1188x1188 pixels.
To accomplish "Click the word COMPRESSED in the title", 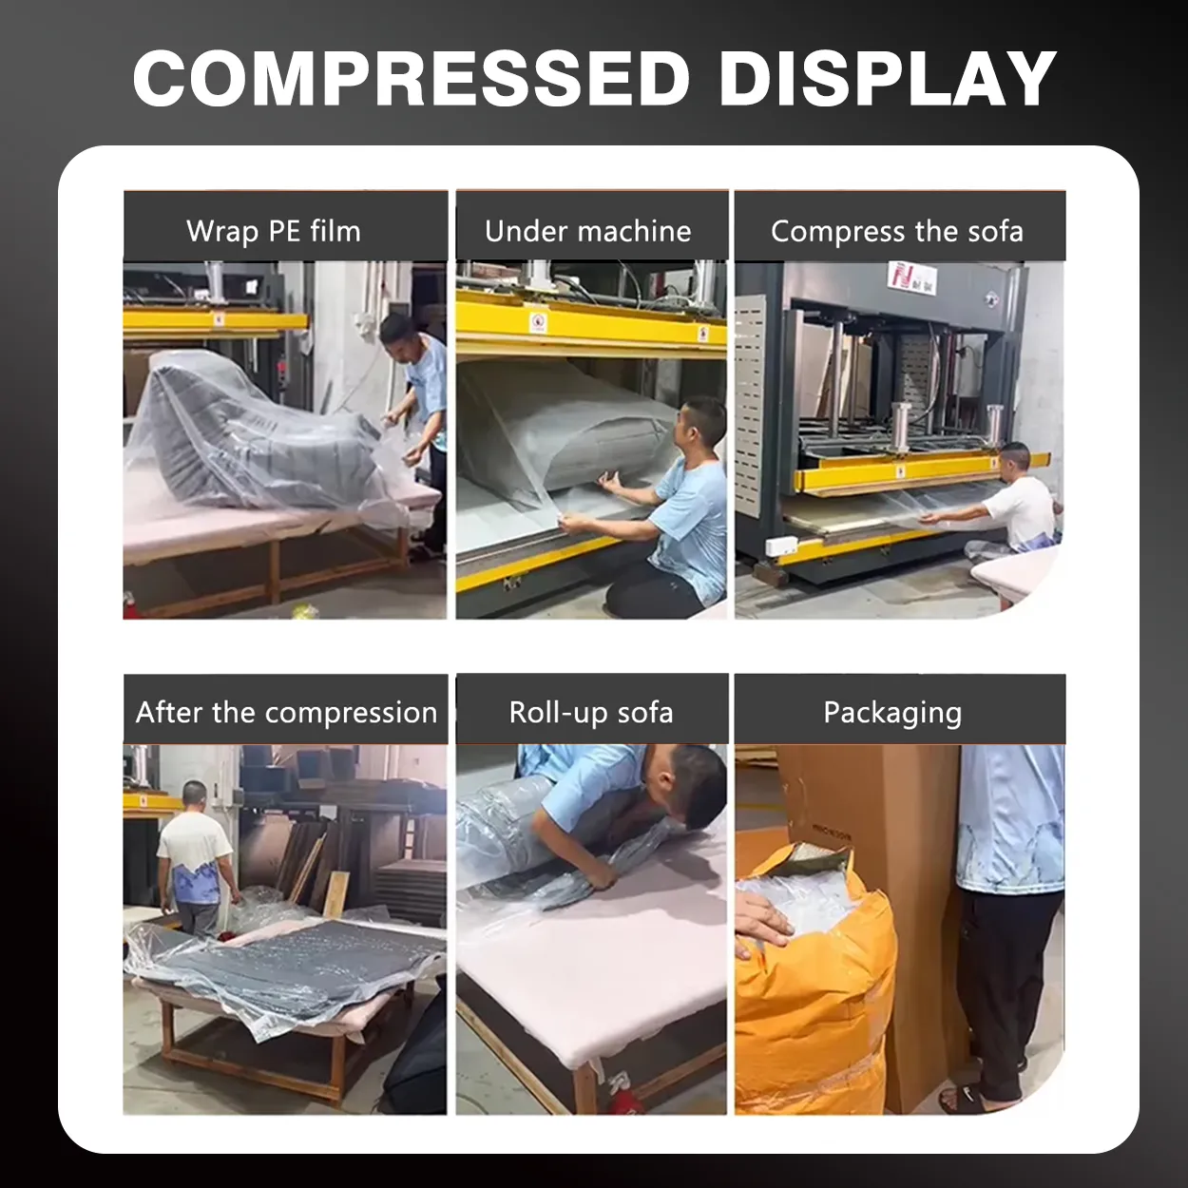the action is (x=412, y=78).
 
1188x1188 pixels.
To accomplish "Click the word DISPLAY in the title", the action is (x=888, y=78).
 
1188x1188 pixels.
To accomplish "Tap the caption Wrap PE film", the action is (x=274, y=231).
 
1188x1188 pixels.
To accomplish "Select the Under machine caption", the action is (x=588, y=231).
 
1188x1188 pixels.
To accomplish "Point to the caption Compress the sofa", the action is (x=897, y=231).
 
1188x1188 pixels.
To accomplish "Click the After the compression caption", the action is (x=287, y=713).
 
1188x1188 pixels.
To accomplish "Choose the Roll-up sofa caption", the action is (x=590, y=713).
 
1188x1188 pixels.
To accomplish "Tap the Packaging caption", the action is (x=892, y=714).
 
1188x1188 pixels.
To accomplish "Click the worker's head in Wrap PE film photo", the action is (x=401, y=338).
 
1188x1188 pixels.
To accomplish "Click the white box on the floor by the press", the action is (x=781, y=546).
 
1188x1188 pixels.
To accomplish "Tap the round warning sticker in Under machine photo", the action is (x=538, y=321).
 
